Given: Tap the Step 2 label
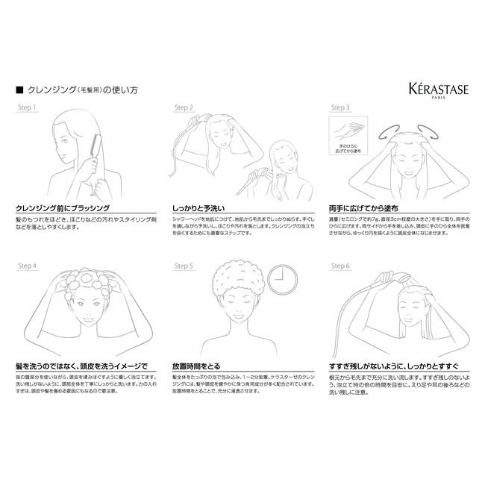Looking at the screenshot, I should (184, 108).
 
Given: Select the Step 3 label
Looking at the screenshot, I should (340, 108).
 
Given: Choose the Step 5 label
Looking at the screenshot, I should (184, 266).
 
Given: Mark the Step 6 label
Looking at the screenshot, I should (340, 266).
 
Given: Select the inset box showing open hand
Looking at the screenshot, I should (348, 139).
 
